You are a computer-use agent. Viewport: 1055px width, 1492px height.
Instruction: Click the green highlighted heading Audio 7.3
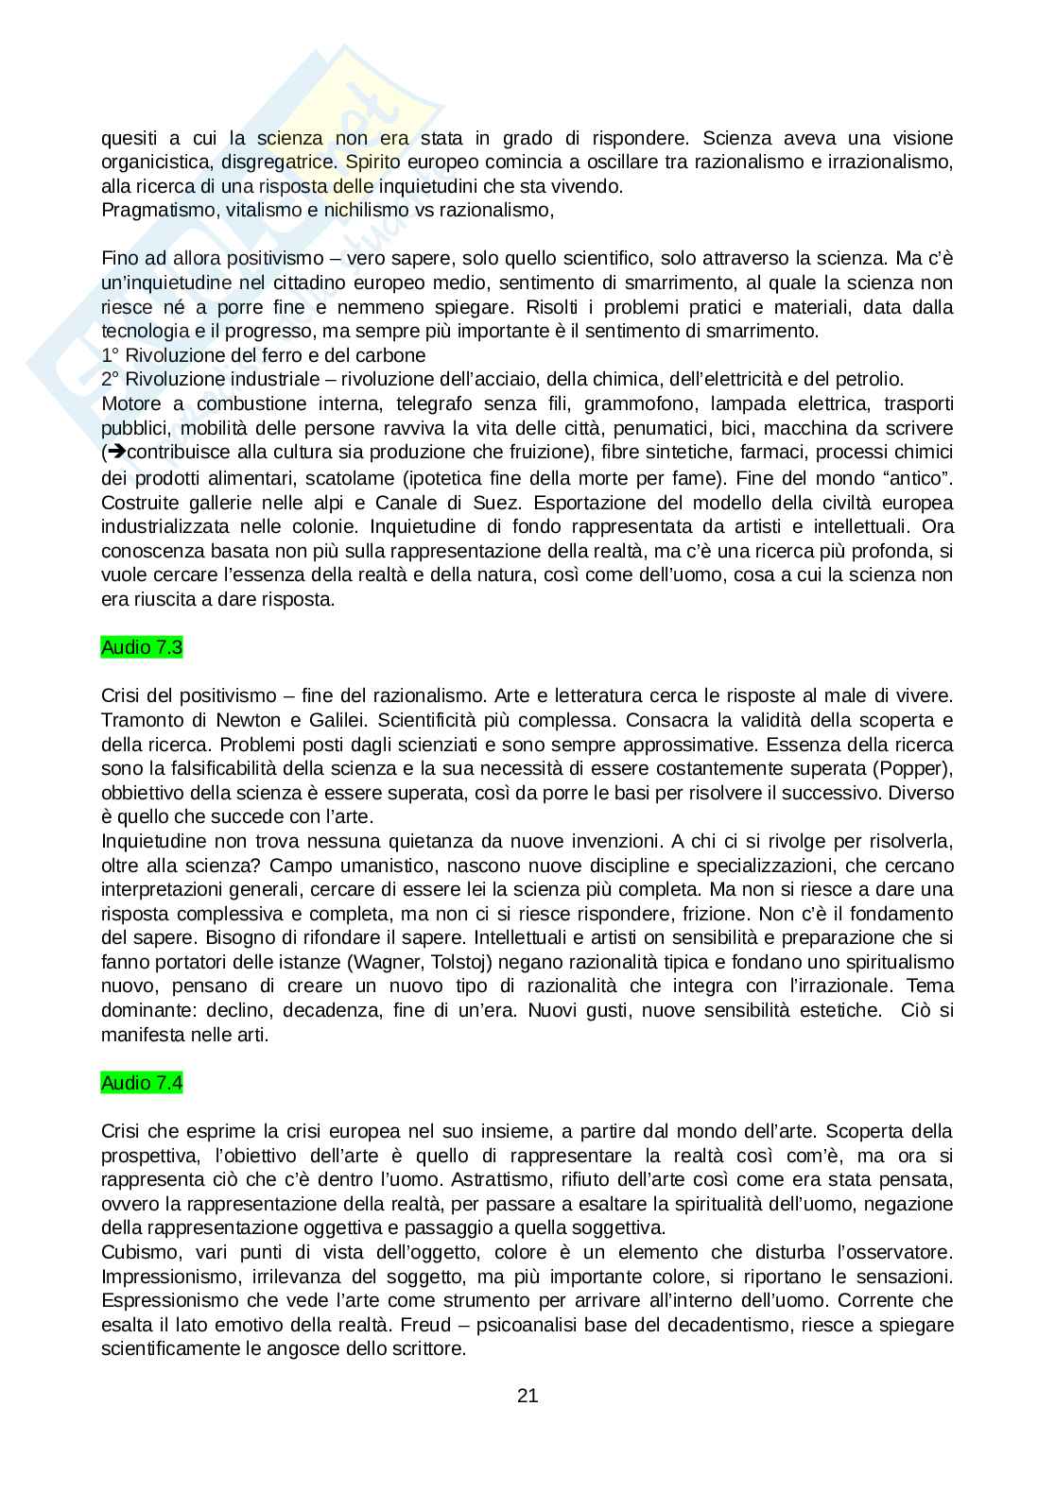coord(142,647)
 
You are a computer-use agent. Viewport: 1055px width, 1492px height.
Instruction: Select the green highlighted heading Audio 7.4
coord(142,1083)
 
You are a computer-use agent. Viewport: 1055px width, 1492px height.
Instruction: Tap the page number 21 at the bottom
coord(527,1396)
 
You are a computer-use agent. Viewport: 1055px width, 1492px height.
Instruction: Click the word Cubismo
coord(138,1252)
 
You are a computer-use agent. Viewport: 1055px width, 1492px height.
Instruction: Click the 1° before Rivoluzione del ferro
coord(110,355)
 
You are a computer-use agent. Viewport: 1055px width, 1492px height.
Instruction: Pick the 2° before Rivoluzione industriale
coord(110,380)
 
